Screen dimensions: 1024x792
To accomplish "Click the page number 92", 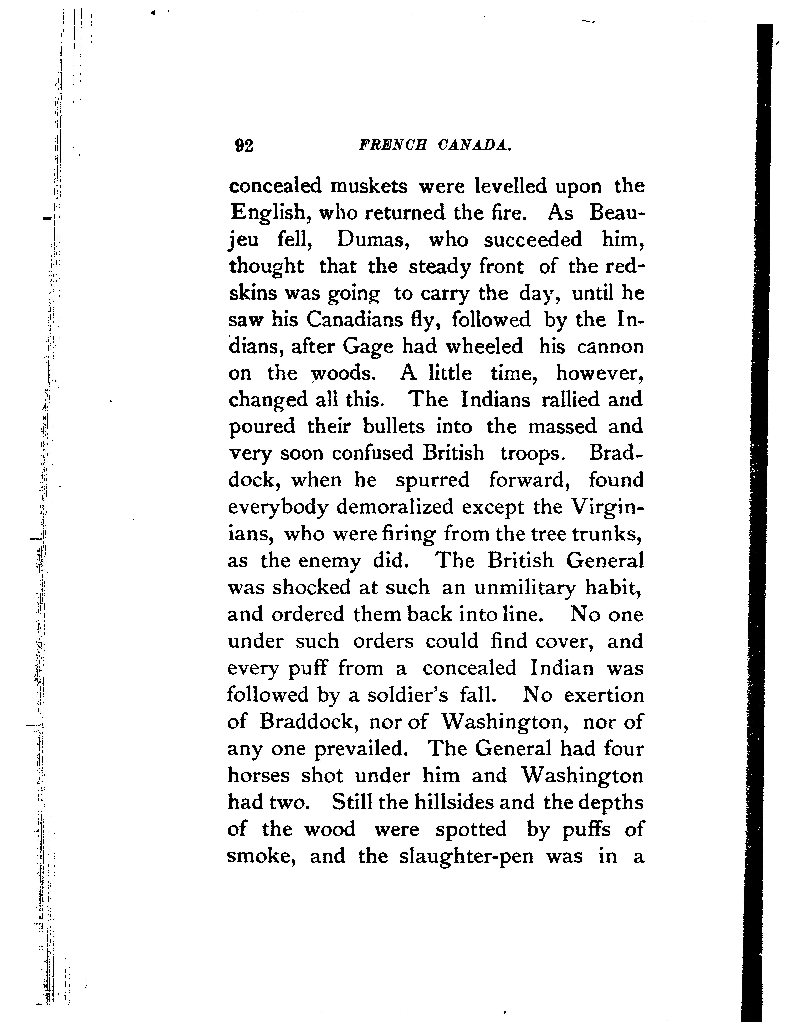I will (x=244, y=146).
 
